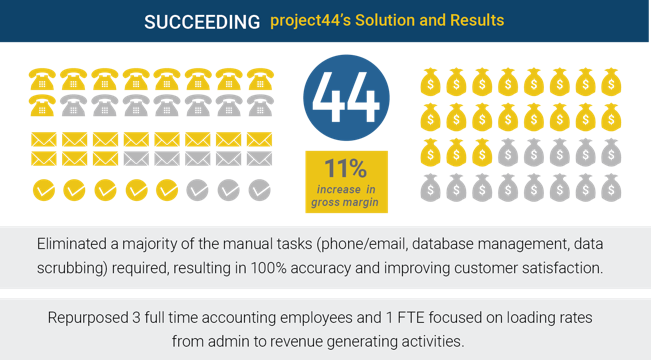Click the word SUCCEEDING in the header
(202, 22)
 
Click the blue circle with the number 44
(346, 98)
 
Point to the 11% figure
(346, 168)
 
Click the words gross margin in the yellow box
(345, 202)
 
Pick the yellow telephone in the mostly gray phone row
(42, 105)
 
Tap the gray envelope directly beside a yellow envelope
(136, 159)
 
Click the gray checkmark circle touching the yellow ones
(198, 190)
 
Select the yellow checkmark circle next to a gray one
(167, 190)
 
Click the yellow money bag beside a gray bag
(482, 153)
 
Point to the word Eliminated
(72, 244)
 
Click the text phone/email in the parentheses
(361, 244)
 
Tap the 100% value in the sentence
(269, 268)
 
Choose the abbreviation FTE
(411, 318)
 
